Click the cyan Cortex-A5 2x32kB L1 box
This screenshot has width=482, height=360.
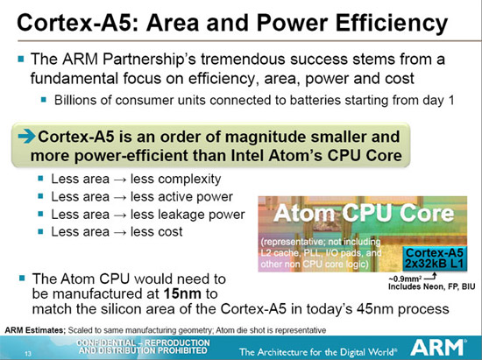pyautogui.click(x=423, y=255)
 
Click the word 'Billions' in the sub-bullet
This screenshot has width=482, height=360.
pyautogui.click(x=76, y=100)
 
